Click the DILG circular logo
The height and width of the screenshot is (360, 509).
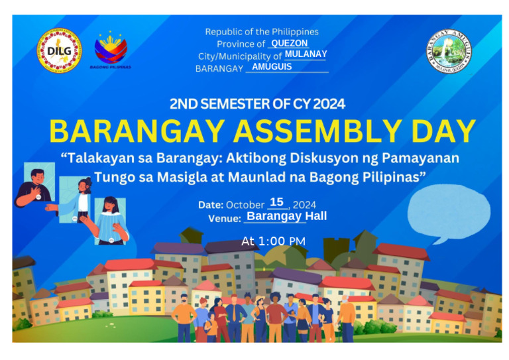pos(60,50)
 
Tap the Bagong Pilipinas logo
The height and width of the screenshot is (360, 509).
pos(111,50)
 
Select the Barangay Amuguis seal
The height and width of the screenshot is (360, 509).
pos(449,52)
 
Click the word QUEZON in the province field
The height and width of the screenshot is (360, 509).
pos(290,43)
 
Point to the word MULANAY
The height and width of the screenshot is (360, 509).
pos(306,54)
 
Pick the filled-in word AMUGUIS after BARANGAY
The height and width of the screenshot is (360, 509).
pos(272,67)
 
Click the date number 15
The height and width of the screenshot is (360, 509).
pos(276,202)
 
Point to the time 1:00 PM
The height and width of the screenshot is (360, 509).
pos(273,241)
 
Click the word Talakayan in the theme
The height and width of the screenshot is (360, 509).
pos(100,159)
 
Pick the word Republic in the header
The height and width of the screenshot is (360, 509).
pos(224,32)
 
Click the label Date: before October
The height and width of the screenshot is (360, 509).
pos(210,205)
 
